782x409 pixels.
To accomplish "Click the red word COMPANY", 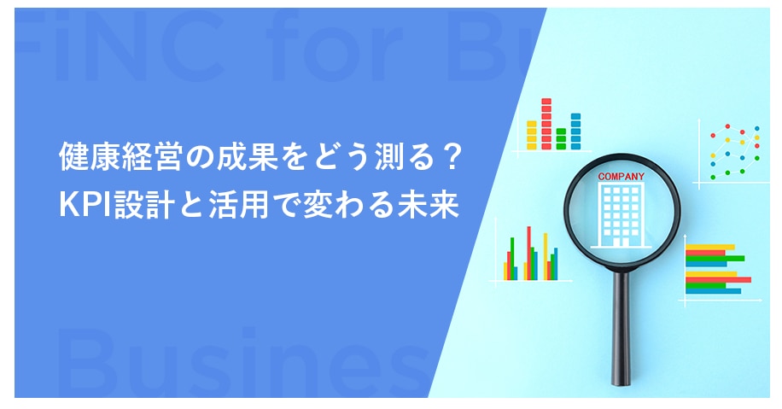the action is pyautogui.click(x=621, y=176).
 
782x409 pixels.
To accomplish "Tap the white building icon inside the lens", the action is pyautogui.click(x=621, y=215).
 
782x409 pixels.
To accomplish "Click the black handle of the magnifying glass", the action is pyautogui.click(x=621, y=328).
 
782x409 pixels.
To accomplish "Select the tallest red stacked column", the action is pyautogui.click(x=546, y=124).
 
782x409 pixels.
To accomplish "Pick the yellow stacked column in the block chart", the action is pyautogui.click(x=532, y=135).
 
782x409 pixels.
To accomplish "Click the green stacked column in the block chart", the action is pyautogui.click(x=561, y=138).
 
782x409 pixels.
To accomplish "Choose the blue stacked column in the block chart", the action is pyautogui.click(x=575, y=131).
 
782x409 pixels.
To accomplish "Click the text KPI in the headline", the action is pyautogui.click(x=85, y=205).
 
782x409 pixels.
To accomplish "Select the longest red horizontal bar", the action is pyautogui.click(x=718, y=280).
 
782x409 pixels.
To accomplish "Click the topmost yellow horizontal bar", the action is pyautogui.click(x=710, y=247).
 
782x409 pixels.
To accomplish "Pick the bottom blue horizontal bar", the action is pyautogui.click(x=713, y=291).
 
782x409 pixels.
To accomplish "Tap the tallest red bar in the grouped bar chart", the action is pyautogui.click(x=528, y=253).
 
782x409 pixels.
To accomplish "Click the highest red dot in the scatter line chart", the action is pyautogui.click(x=727, y=126).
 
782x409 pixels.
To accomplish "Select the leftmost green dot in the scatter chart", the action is pyautogui.click(x=713, y=177).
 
